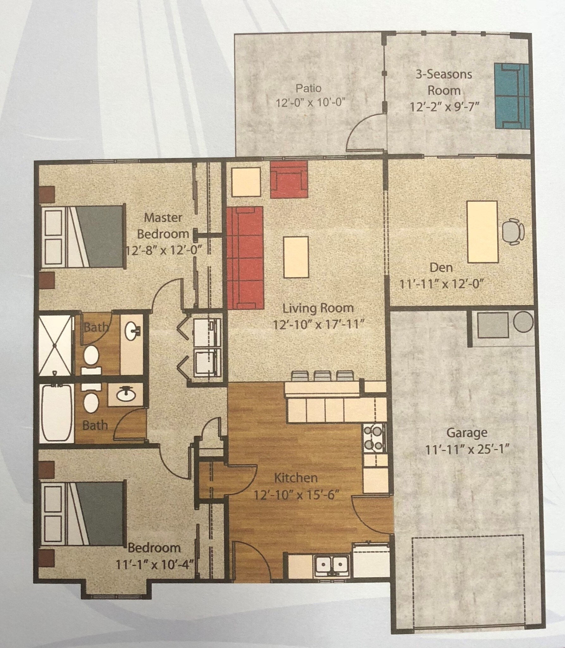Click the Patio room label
tap(308, 88)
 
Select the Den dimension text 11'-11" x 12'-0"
tap(442, 284)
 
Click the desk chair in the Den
tap(512, 231)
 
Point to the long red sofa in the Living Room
tap(245, 258)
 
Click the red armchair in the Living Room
tap(289, 180)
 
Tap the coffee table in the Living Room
tap(296, 257)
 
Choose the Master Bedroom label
tap(163, 226)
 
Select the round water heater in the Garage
tap(523, 322)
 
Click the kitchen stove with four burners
tap(374, 438)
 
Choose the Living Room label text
tap(318, 308)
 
